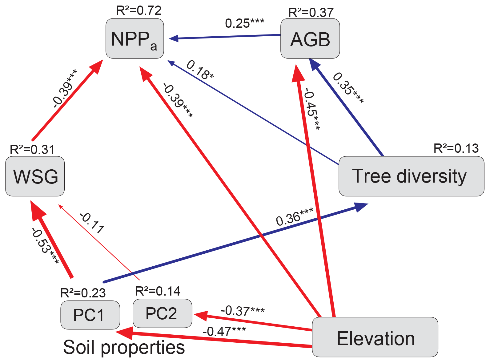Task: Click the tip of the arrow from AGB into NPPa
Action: [169, 39]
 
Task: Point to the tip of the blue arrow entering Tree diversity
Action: [368, 204]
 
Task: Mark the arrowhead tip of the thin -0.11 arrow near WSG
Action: [58, 205]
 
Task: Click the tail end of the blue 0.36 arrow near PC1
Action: [104, 282]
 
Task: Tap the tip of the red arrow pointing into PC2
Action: [194, 314]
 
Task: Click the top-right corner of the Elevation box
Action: [438, 317]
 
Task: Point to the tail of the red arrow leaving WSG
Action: [33, 140]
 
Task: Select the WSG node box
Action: [35, 176]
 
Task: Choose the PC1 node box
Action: [90, 315]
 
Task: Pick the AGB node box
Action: [310, 38]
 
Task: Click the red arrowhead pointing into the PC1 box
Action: [124, 333]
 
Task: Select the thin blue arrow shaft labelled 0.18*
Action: [253, 112]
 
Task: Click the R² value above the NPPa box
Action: [139, 10]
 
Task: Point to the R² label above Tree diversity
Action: [456, 148]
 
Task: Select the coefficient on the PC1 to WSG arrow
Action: [45, 246]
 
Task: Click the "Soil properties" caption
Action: [124, 347]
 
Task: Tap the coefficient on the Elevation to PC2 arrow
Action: [243, 311]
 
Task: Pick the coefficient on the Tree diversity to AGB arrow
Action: [348, 88]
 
